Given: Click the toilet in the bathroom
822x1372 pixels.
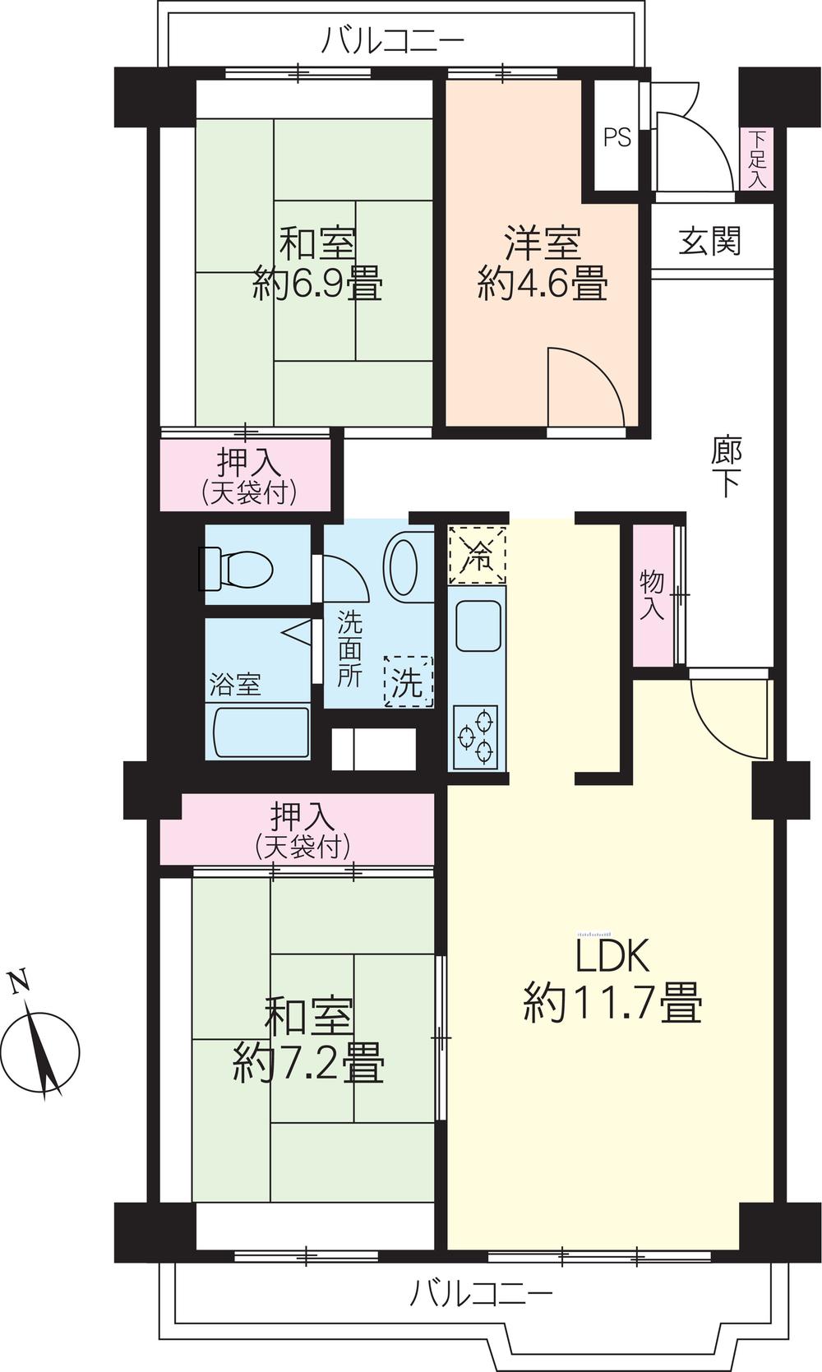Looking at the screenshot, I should click(237, 568).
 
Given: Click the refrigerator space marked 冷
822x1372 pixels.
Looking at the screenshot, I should click(476, 555).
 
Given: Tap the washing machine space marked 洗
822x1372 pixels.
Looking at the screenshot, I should click(408, 681).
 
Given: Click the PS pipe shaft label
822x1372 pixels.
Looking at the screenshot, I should click(617, 137).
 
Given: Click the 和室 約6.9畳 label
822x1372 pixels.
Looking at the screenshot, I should click(317, 265).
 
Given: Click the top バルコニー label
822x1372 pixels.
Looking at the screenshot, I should click(393, 39).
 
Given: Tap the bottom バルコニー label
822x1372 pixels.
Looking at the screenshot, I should click(482, 1295).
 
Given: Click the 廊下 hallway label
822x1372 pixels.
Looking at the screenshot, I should click(727, 467).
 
